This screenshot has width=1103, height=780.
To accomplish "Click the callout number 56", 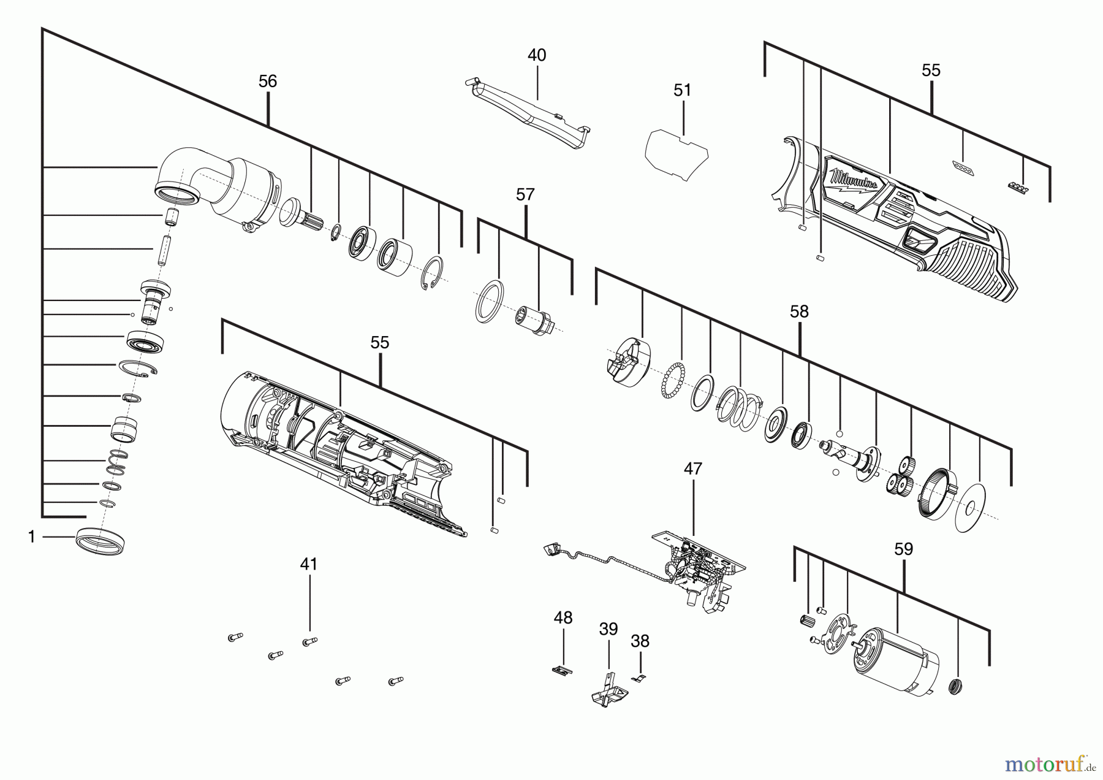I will tap(268, 82).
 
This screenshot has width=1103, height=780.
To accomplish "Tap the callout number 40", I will tap(537, 55).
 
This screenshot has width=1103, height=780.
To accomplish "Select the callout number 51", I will tap(682, 91).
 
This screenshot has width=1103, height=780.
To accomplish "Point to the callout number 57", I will tap(525, 195).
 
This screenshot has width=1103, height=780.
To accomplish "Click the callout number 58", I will tap(799, 312).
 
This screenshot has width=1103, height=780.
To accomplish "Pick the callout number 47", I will tap(692, 469).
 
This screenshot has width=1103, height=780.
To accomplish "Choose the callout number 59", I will tap(903, 549).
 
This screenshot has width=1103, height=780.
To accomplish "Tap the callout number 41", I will tap(309, 564).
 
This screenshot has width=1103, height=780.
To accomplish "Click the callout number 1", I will tap(32, 537).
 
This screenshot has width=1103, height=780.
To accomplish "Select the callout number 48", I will tap(563, 618).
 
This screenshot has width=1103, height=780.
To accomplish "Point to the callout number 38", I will tap(640, 641).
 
